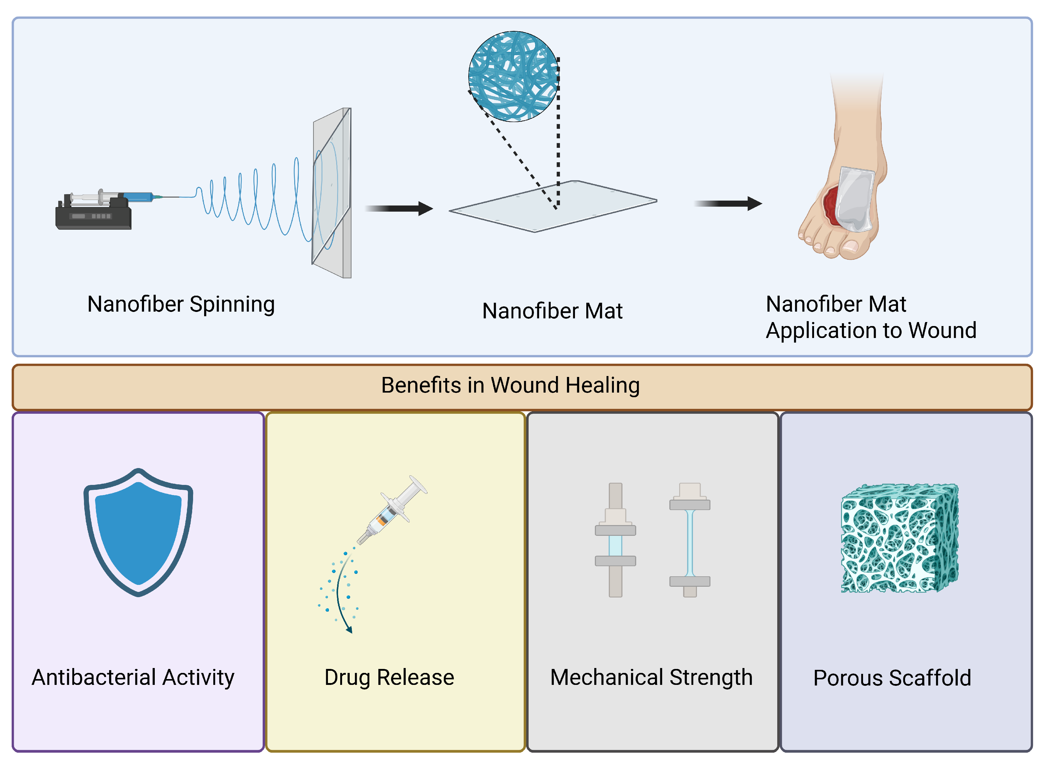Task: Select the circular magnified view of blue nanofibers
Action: (x=514, y=77)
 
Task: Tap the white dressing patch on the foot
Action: (x=855, y=199)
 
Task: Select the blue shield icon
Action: (x=139, y=533)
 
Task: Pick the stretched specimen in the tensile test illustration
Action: (x=690, y=543)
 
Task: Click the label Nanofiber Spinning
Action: (x=181, y=305)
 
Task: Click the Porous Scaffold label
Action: (x=892, y=678)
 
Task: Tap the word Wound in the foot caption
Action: (x=943, y=331)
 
